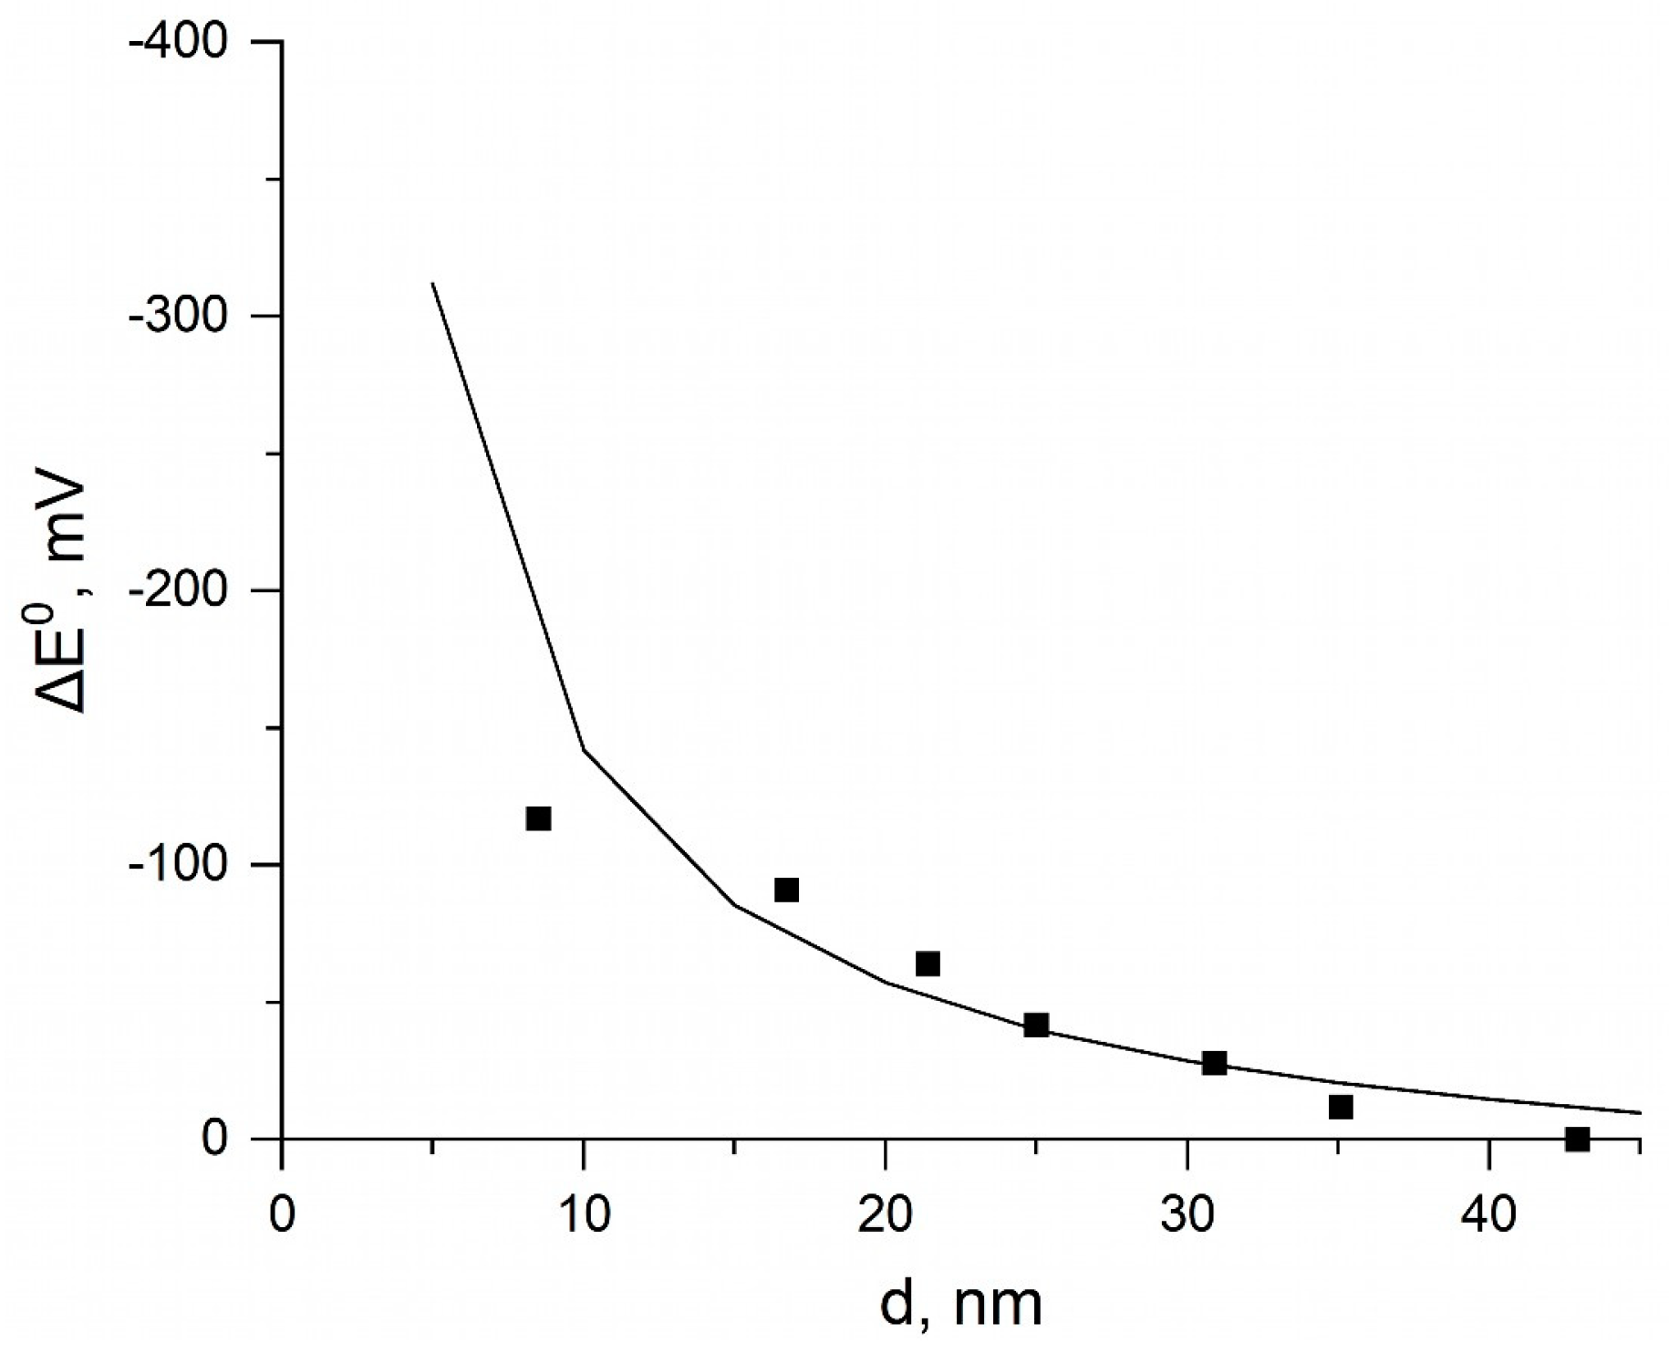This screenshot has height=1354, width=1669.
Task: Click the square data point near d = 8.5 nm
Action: pyautogui.click(x=538, y=818)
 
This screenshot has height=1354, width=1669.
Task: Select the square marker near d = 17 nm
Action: pyautogui.click(x=786, y=890)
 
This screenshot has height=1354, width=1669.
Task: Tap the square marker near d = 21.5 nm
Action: pyautogui.click(x=928, y=963)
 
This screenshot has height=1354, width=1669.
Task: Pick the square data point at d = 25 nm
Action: pyautogui.click(x=1036, y=1025)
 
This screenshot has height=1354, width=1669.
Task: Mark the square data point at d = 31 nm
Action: pyautogui.click(x=1214, y=1063)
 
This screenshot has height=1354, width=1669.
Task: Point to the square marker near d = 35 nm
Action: pyautogui.click(x=1341, y=1107)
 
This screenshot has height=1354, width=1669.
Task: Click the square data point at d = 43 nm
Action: pyautogui.click(x=1577, y=1139)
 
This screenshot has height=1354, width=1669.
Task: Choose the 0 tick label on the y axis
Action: pyautogui.click(x=214, y=1139)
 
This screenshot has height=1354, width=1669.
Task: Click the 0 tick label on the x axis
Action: pyautogui.click(x=283, y=1215)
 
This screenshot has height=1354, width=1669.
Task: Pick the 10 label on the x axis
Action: pyautogui.click(x=584, y=1215)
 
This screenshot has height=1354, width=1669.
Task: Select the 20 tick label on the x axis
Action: pyautogui.click(x=885, y=1215)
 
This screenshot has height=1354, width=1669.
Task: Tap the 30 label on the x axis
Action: pyautogui.click(x=1187, y=1215)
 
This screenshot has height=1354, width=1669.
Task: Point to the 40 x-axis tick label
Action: pyautogui.click(x=1488, y=1215)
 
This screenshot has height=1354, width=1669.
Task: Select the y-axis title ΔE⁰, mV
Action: pyautogui.click(x=62, y=593)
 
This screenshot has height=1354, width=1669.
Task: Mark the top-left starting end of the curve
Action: pyautogui.click(x=433, y=284)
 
